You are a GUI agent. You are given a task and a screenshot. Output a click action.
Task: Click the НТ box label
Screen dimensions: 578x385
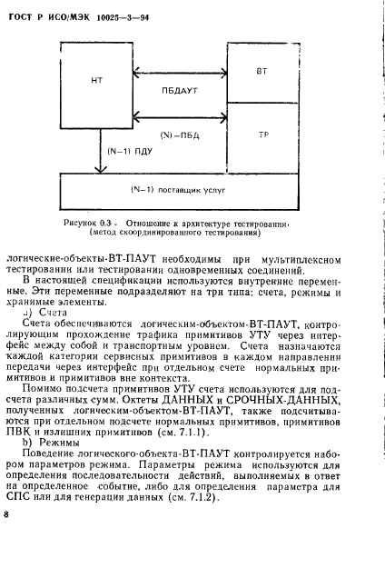coord(97,82)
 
